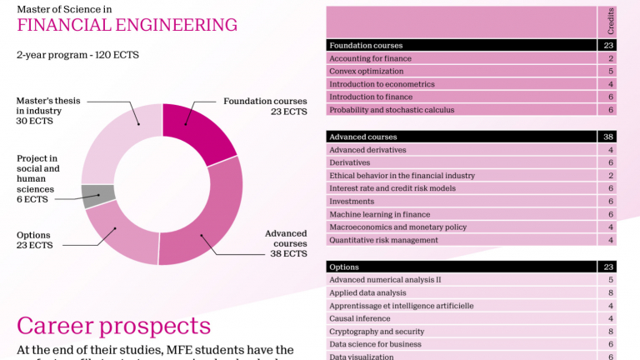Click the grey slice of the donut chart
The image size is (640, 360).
[x=98, y=196]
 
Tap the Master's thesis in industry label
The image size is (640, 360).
[x=48, y=111]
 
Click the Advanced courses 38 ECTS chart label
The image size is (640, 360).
[x=286, y=243]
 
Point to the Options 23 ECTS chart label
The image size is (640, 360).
[x=34, y=241]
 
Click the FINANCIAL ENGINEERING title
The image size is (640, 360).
[x=127, y=25]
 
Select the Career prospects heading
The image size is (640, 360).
[x=113, y=325]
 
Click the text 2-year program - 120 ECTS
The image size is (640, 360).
[x=77, y=55]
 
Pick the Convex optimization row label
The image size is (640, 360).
[x=367, y=72]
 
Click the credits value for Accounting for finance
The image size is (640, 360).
[x=611, y=58]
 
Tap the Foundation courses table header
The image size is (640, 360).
[x=366, y=45]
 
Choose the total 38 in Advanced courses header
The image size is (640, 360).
[x=609, y=136]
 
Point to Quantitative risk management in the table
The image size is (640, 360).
[x=383, y=240]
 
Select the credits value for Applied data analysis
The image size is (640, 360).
[x=611, y=292]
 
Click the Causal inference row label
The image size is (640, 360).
[x=361, y=318]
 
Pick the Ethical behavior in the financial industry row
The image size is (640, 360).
[x=402, y=176]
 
